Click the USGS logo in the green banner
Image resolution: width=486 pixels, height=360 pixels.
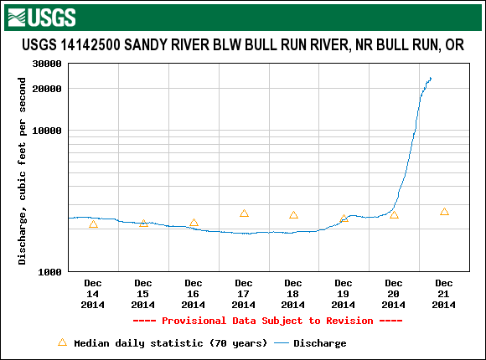(42, 18)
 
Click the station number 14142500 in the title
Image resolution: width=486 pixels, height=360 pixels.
(90, 45)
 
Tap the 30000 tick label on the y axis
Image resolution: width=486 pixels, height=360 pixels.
(47, 64)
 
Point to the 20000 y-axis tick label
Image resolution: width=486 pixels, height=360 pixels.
(47, 89)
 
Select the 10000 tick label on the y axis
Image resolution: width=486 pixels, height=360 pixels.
(47, 131)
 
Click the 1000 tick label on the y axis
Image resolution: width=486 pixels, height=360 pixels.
(50, 272)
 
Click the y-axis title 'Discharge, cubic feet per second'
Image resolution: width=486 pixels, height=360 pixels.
(22, 171)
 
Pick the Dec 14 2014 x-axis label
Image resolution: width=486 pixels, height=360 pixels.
(93, 294)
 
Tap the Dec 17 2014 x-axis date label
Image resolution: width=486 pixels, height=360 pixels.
(243, 294)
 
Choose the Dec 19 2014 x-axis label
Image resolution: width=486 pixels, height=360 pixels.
(343, 294)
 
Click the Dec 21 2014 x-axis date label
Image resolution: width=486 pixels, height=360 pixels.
(444, 294)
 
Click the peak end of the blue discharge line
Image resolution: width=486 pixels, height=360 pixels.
(431, 78)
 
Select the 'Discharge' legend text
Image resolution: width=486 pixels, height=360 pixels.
(320, 343)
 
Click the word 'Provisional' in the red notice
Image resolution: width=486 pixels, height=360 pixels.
(194, 321)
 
